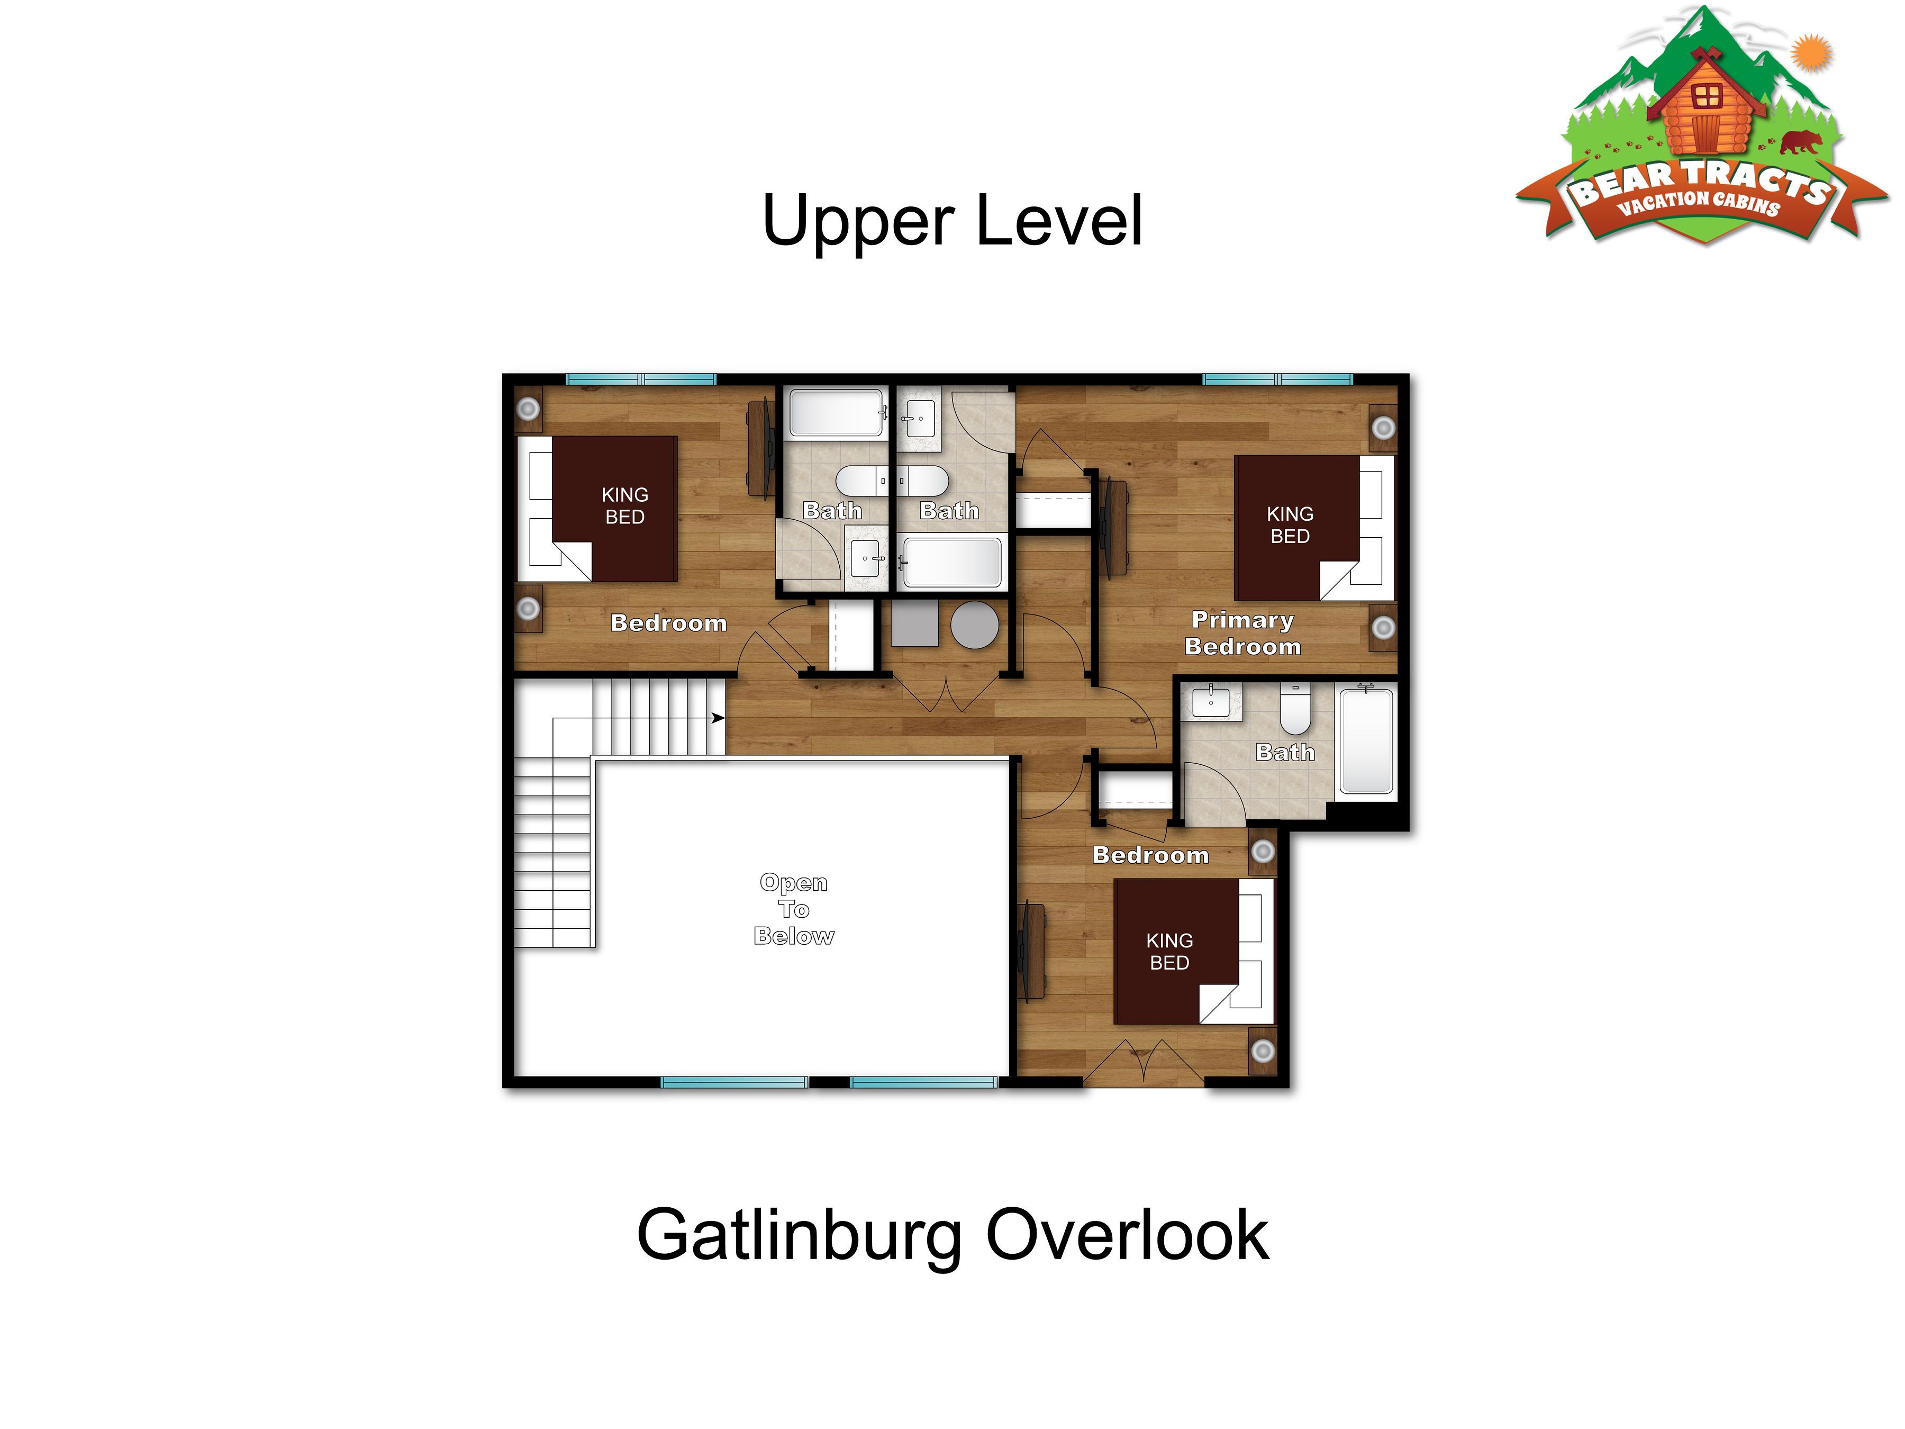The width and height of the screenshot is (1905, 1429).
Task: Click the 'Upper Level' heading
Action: [952, 221]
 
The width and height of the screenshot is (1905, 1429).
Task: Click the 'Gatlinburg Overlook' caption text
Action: [952, 1235]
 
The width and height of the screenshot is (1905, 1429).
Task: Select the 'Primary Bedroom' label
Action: [1242, 633]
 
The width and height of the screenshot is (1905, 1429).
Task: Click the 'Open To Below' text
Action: [794, 910]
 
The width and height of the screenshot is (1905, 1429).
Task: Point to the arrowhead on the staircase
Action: [718, 718]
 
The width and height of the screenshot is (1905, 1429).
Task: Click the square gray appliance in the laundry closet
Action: [914, 623]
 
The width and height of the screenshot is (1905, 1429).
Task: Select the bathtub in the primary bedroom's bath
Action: [1367, 739]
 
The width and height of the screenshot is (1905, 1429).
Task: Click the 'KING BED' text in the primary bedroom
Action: [1290, 524]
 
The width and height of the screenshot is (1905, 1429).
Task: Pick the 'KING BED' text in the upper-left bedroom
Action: [625, 505]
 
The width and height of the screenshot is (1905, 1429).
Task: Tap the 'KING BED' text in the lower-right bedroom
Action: [1169, 951]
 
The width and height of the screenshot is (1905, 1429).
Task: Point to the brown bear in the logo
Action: [1800, 142]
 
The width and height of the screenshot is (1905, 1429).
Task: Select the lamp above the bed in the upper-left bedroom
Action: [528, 408]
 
